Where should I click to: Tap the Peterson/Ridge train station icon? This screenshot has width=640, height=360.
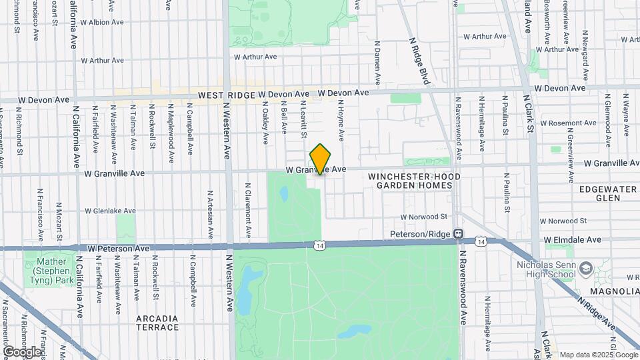point(459,234)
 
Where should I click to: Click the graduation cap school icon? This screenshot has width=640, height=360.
point(586,268)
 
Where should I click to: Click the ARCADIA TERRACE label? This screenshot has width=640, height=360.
point(157,323)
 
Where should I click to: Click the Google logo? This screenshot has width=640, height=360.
point(22,351)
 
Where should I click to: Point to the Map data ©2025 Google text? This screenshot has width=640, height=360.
point(597,355)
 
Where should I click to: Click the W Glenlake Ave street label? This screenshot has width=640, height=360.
point(110,211)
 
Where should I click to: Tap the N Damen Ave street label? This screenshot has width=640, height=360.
point(377,65)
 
